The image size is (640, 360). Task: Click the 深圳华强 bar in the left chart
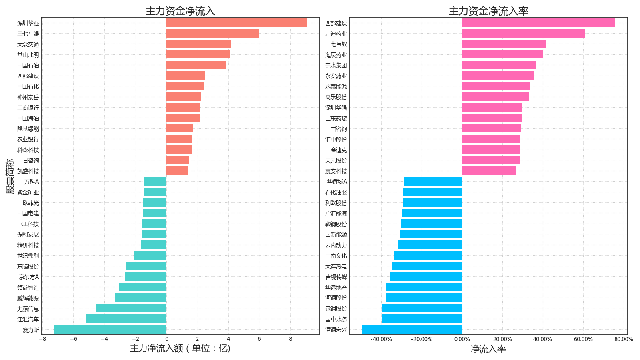click(x=236, y=23)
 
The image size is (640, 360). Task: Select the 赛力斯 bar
click(x=110, y=330)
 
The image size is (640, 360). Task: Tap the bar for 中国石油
click(x=196, y=65)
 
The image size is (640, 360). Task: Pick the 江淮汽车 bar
click(x=126, y=319)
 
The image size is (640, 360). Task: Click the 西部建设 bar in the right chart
click(x=538, y=23)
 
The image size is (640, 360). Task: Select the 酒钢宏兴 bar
click(x=412, y=330)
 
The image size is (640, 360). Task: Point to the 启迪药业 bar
click(x=523, y=34)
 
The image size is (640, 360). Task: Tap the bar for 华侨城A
click(x=433, y=182)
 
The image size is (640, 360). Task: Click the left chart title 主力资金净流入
click(x=180, y=11)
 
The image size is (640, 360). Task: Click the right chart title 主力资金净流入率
click(x=488, y=11)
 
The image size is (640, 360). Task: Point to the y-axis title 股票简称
click(x=10, y=176)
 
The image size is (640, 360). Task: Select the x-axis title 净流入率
click(x=488, y=349)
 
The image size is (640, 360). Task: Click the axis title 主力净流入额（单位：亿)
click(x=180, y=348)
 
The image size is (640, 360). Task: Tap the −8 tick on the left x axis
click(x=42, y=339)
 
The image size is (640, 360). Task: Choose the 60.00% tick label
click(x=583, y=339)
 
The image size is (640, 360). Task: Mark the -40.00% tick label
click(x=381, y=339)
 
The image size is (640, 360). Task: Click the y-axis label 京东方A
click(x=29, y=277)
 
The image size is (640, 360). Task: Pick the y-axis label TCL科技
click(x=29, y=224)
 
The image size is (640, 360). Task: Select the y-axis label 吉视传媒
click(x=336, y=277)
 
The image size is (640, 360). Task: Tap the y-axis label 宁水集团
click(x=336, y=65)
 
